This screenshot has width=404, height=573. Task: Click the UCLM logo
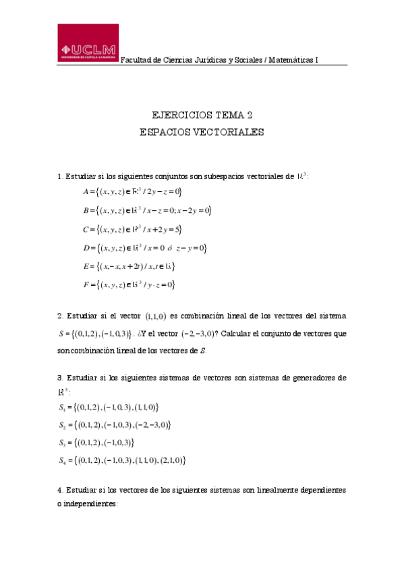coord(88,45)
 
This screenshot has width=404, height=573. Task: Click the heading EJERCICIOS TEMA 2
coord(202,115)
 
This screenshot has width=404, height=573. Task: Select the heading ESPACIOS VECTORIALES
coord(202,132)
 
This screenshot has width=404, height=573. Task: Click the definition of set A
coord(128,192)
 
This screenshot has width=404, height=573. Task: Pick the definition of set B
coord(147,211)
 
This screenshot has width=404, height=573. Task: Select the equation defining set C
coord(128,229)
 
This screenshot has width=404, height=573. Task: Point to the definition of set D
coord(144,248)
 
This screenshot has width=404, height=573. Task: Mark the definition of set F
coord(129,285)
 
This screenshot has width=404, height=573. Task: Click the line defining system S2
coord(115,425)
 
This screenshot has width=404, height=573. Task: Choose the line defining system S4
coord(122,461)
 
